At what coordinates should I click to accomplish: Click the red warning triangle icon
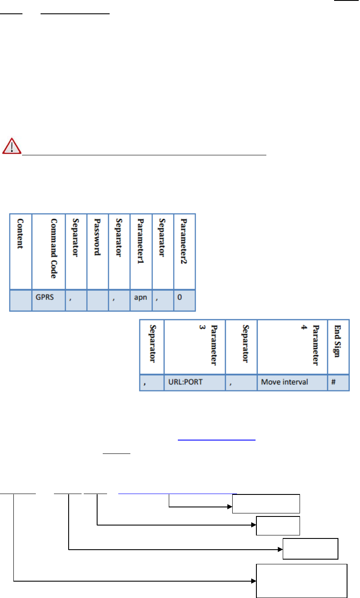(12, 146)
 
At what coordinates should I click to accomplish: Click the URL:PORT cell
(195, 382)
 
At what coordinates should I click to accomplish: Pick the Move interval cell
(292, 382)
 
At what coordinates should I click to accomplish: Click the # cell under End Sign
(338, 382)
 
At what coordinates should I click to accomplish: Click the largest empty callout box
(302, 581)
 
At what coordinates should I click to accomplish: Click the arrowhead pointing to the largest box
(254, 581)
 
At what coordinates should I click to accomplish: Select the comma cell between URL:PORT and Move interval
(241, 382)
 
